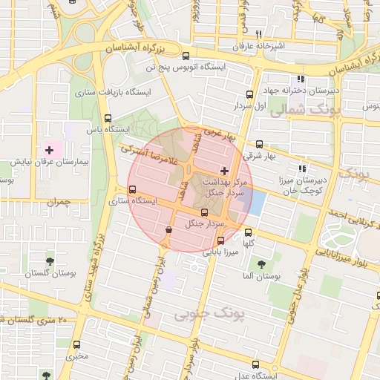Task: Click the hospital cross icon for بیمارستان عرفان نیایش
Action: (x=50, y=150)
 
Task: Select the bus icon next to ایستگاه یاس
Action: (x=108, y=119)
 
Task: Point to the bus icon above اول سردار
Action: (x=249, y=95)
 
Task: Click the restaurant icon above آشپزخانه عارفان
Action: (x=258, y=34)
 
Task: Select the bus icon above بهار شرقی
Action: (x=259, y=145)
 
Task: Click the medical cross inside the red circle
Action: (x=225, y=171)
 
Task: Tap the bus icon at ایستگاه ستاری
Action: (x=133, y=190)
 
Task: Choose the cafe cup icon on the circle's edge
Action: (x=170, y=231)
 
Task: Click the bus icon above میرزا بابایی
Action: (x=220, y=240)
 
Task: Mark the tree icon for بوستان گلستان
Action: (x=50, y=261)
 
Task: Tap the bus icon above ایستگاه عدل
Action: (x=256, y=364)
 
